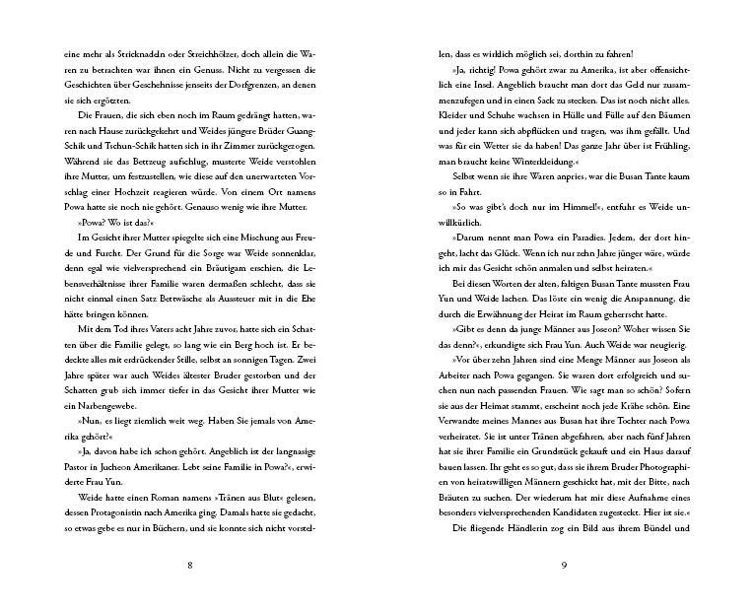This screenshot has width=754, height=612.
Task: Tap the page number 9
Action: pyautogui.click(x=564, y=566)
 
